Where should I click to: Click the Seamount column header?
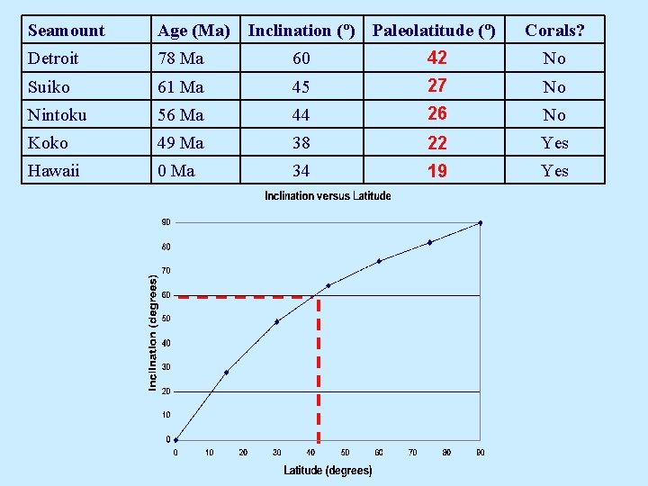[66, 31]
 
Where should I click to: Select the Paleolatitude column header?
[434, 31]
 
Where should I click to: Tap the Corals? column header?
[554, 31]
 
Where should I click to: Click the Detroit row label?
[53, 58]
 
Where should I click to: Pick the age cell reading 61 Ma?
[180, 87]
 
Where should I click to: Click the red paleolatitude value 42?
[436, 58]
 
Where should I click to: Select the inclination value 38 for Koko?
[301, 143]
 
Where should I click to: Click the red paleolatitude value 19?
[436, 171]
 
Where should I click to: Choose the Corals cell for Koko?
[554, 143]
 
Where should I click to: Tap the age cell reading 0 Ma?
[176, 171]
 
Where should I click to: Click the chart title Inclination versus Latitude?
[328, 196]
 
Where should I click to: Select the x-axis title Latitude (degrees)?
[328, 470]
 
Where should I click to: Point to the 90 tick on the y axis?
[166, 222]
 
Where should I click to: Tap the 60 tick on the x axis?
[379, 453]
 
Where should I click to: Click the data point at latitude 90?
[481, 222]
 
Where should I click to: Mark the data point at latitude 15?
[226, 372]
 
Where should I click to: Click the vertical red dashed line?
[319, 369]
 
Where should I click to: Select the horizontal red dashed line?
[243, 296]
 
